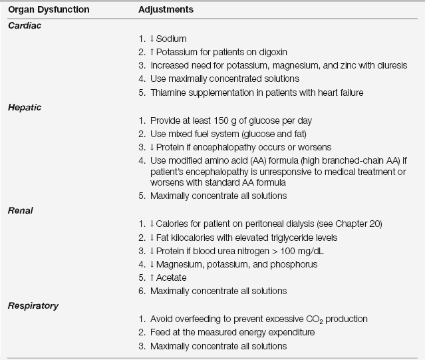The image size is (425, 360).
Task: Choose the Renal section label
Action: [x=21, y=210]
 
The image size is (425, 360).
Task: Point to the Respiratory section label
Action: [x=33, y=305]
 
